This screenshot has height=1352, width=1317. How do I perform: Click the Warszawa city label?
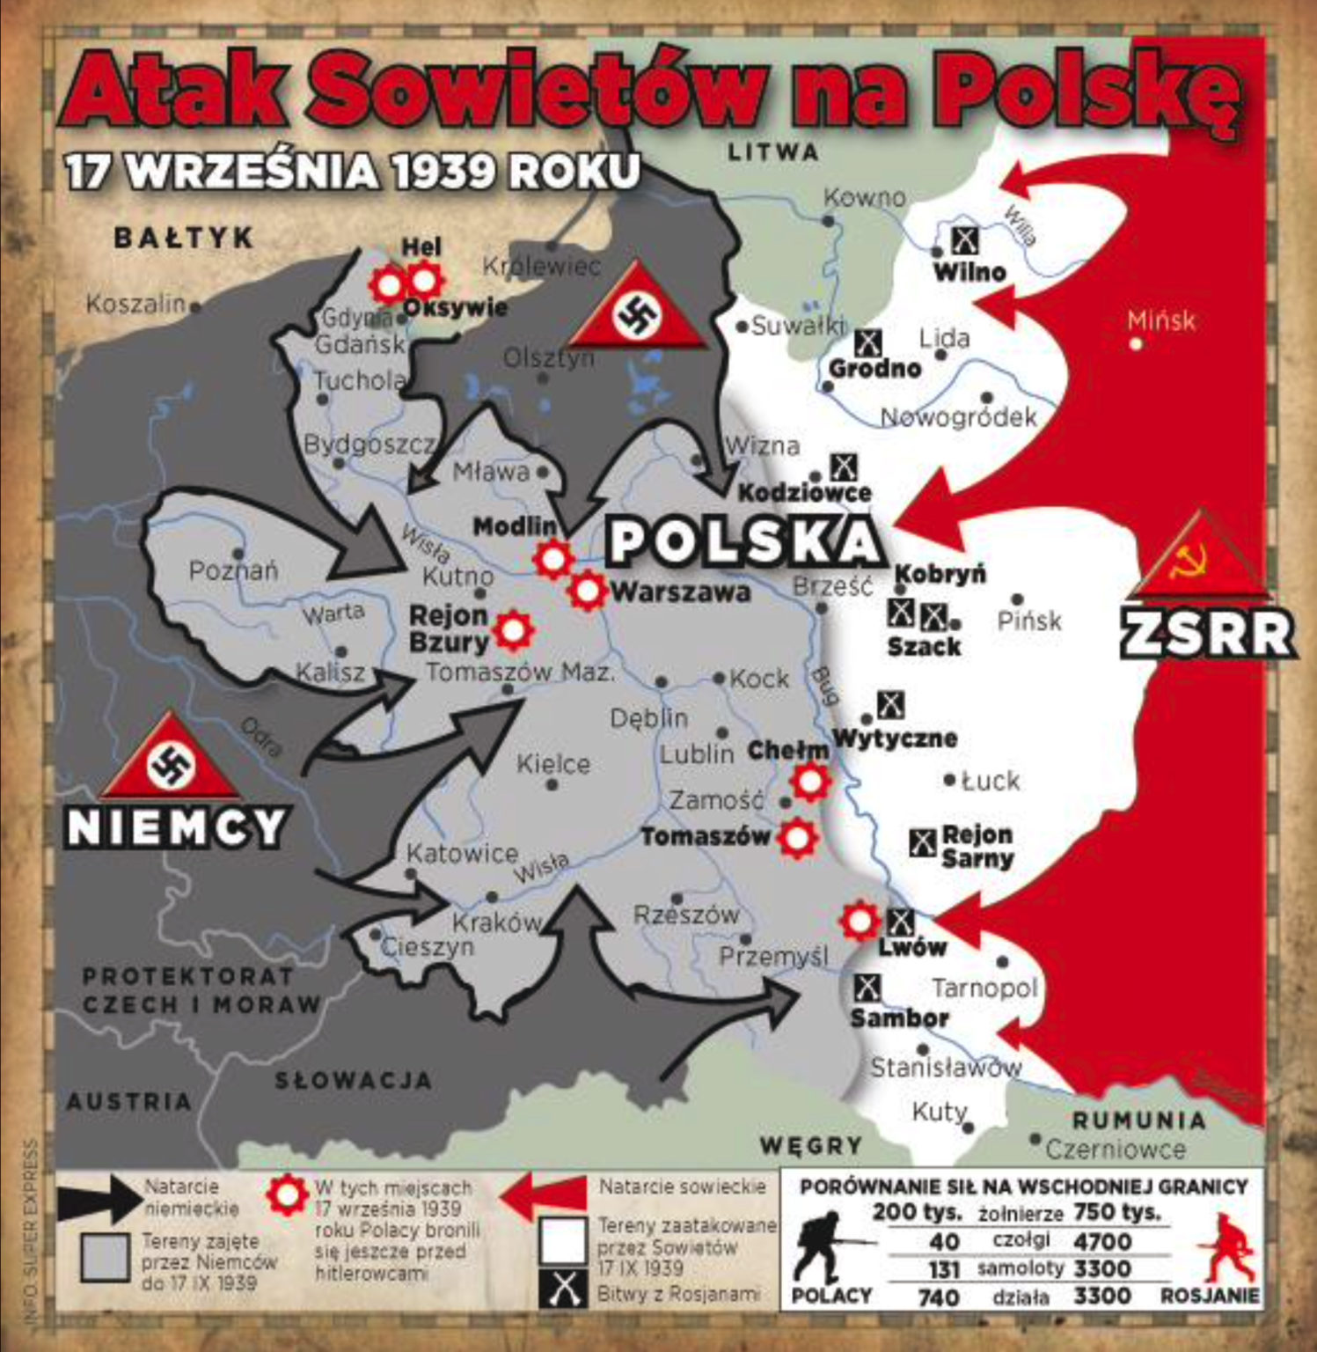tap(680, 591)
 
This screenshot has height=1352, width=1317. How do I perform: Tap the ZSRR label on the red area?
tap(1207, 633)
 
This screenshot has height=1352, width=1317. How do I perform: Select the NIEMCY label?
tap(177, 827)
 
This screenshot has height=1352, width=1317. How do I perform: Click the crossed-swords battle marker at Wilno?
tap(966, 239)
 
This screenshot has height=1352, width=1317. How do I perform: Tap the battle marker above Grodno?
tap(869, 342)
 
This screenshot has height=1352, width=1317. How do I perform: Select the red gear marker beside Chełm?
tap(809, 780)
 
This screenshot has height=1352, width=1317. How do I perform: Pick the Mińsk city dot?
tap(1137, 344)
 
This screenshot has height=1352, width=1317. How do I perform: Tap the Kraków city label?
tap(496, 922)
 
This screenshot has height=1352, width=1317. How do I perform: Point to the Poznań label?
tap(233, 570)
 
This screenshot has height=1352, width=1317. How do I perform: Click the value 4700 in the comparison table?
tap(1102, 1241)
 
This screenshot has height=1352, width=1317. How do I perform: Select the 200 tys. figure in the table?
tap(917, 1212)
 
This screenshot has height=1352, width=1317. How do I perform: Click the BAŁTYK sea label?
tap(184, 238)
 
